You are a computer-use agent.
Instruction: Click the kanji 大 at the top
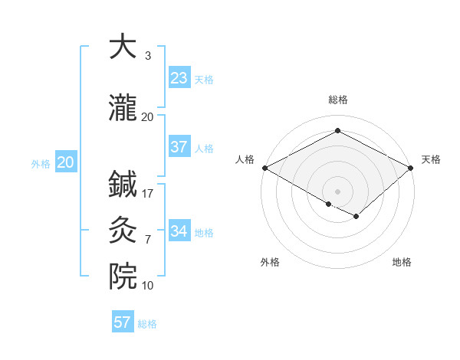[x=123, y=47]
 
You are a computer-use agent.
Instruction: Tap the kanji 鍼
[x=123, y=185]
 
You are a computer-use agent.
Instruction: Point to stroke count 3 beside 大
[x=148, y=56]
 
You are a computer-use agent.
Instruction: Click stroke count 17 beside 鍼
[x=148, y=194]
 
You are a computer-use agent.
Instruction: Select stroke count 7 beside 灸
[x=148, y=240]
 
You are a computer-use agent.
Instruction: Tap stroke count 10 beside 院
[x=148, y=286]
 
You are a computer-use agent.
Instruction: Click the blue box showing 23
[x=179, y=77]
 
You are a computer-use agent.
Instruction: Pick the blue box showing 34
[x=179, y=231]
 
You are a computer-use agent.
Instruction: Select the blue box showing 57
[x=123, y=322]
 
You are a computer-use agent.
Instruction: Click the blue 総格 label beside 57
[x=147, y=324]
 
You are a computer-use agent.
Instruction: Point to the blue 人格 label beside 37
[x=204, y=148]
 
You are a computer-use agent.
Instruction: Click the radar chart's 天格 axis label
[x=431, y=159]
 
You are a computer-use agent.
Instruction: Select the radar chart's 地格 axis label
[x=402, y=262]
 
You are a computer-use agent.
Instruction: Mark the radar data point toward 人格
[x=264, y=168]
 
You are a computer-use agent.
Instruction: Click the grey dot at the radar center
[x=337, y=191]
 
